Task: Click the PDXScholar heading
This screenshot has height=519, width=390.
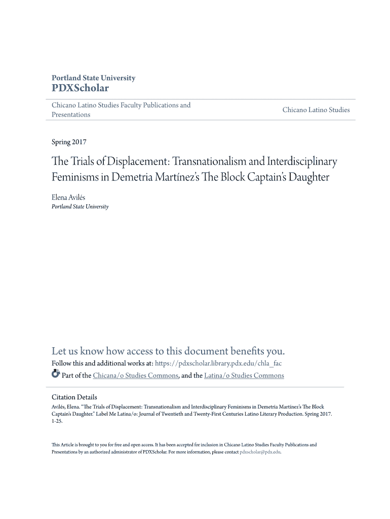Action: point(80,88)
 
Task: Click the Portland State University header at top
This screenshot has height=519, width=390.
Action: point(94,78)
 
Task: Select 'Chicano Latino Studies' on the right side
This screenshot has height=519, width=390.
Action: point(316,110)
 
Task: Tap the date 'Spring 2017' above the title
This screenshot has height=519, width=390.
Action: point(69,142)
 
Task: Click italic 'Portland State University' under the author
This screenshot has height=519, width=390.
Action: point(80,207)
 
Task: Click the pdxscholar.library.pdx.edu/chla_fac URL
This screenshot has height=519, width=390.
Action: point(218,363)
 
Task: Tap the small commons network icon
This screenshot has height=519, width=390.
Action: point(56,375)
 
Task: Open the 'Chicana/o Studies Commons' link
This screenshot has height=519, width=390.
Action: point(135,376)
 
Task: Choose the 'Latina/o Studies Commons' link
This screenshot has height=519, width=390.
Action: point(244,376)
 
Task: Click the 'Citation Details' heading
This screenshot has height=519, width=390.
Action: point(74,397)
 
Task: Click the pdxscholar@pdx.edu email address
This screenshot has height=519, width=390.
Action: point(260,452)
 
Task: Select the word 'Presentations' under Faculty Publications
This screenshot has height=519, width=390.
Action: point(71,115)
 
